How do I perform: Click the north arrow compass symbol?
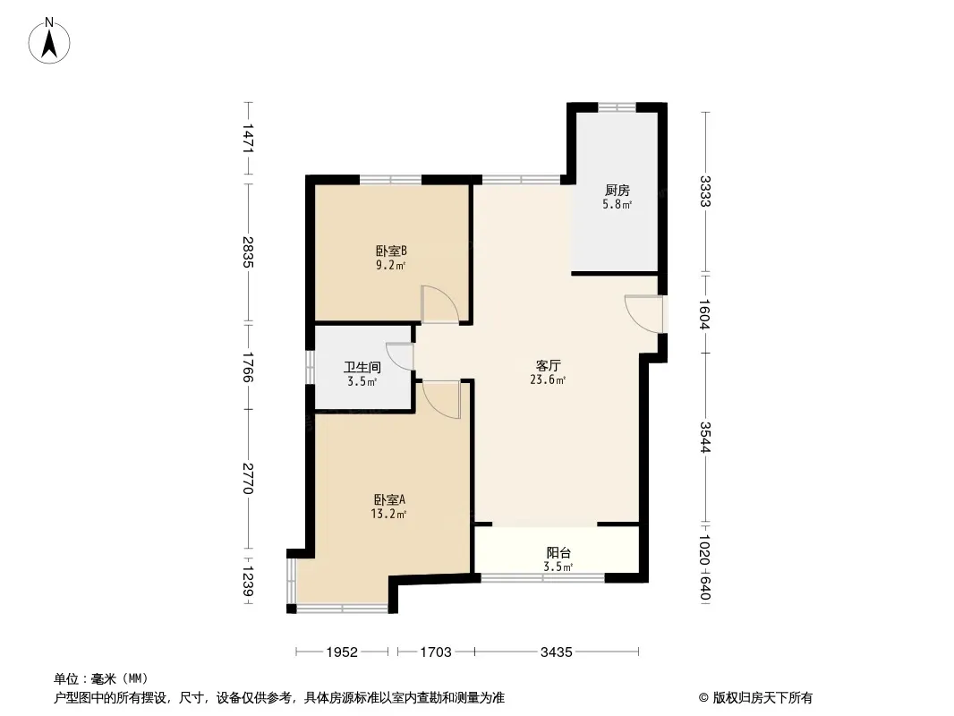click(x=49, y=41)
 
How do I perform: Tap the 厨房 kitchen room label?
click(x=617, y=191)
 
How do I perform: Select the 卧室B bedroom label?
click(x=390, y=251)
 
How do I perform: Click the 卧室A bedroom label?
click(x=389, y=500)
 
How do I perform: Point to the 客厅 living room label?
click(x=549, y=365)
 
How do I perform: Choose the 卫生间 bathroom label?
click(x=362, y=368)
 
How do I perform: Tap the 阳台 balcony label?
click(x=558, y=553)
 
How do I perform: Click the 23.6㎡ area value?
click(x=549, y=380)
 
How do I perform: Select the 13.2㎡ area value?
click(x=388, y=514)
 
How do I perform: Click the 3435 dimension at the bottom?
click(x=557, y=652)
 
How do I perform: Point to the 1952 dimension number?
click(x=342, y=652)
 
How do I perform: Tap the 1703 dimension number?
click(x=436, y=652)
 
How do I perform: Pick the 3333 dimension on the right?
click(x=705, y=191)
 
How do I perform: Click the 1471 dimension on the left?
click(x=248, y=138)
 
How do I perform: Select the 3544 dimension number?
click(x=705, y=438)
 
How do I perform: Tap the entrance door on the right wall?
click(x=644, y=314)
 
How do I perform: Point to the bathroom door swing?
click(x=400, y=357)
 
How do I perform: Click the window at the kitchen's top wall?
click(x=617, y=107)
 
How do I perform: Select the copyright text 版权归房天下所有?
click(x=763, y=698)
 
